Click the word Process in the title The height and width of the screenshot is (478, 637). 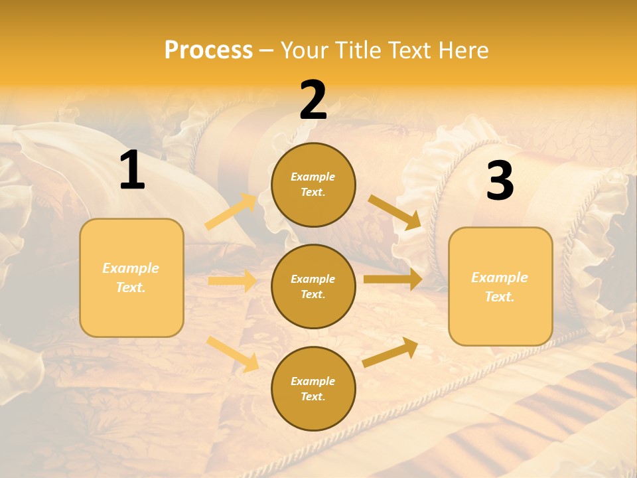tap(208, 50)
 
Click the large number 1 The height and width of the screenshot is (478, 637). tap(132, 171)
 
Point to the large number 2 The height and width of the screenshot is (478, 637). tap(313, 101)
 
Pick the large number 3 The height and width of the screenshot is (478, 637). tap(500, 181)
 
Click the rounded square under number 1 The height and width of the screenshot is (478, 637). tap(131, 278)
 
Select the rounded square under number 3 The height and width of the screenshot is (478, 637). tap(500, 286)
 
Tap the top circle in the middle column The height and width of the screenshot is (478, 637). tap(313, 185)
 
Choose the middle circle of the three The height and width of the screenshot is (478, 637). tap(313, 286)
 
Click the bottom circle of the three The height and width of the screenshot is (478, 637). tap(313, 388)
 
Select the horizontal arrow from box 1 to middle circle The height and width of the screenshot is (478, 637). tap(232, 281)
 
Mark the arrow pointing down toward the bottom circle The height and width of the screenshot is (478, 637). tap(233, 354)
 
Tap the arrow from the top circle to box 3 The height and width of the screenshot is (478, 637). tap(394, 211)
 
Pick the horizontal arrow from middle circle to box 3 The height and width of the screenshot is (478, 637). tap(392, 279)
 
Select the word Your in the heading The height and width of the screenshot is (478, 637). tap(303, 50)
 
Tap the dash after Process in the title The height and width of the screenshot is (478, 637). tap(267, 50)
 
